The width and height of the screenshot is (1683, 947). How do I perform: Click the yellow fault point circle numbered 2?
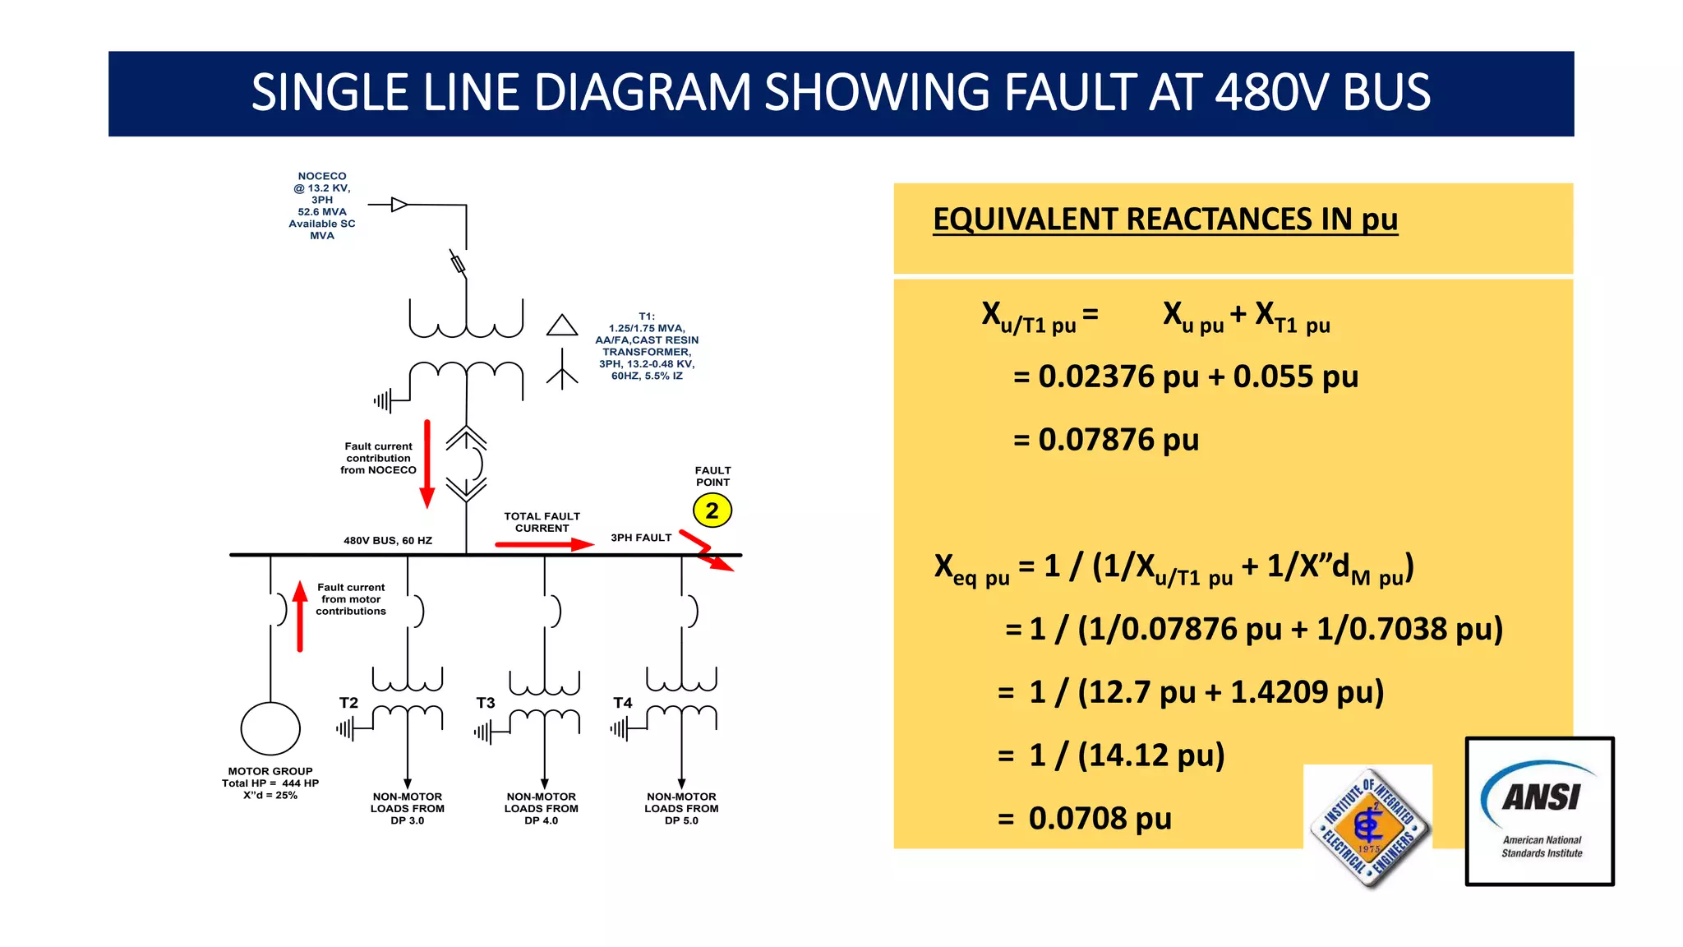pyautogui.click(x=712, y=510)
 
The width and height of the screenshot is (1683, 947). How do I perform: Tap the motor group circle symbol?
pyautogui.click(x=270, y=728)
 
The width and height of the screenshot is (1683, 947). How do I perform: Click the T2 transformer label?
pyautogui.click(x=348, y=703)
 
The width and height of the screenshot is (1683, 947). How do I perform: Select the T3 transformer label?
pyautogui.click(x=486, y=703)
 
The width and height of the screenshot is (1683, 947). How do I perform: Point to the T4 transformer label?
pyautogui.click(x=623, y=703)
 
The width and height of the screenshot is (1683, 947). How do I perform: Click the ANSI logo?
pyautogui.click(x=1540, y=811)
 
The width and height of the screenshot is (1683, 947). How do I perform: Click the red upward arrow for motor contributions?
pyautogui.click(x=300, y=617)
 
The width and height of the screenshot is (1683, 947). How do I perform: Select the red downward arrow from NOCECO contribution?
pyautogui.click(x=427, y=464)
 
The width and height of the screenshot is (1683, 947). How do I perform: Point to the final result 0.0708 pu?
pyautogui.click(x=1100, y=819)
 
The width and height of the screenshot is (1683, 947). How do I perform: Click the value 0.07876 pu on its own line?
pyautogui.click(x=1118, y=440)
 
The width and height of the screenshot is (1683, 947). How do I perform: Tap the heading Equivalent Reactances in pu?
pyautogui.click(x=1164, y=219)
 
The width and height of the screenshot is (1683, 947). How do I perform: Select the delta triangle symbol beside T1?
pyautogui.click(x=562, y=326)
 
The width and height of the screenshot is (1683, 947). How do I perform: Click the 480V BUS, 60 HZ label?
pyautogui.click(x=388, y=540)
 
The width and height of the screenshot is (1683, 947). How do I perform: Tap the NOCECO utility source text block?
pyautogui.click(x=322, y=206)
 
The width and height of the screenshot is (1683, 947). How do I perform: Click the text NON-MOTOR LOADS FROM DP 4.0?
pyautogui.click(x=541, y=808)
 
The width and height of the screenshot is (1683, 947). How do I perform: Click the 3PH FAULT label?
pyautogui.click(x=641, y=538)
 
